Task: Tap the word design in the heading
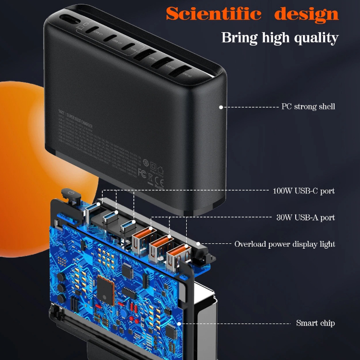pyautogui.click(x=306, y=14)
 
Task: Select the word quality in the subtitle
pyautogui.click(x=314, y=37)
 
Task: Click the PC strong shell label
pyautogui.click(x=308, y=107)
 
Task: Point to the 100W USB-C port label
pyautogui.click(x=303, y=191)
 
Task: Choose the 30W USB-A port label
pyautogui.click(x=305, y=217)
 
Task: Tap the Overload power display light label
pyautogui.click(x=285, y=244)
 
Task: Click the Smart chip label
pyautogui.click(x=315, y=323)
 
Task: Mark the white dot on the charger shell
pyautogui.click(x=221, y=107)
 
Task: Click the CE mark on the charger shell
pyautogui.click(x=159, y=181)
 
